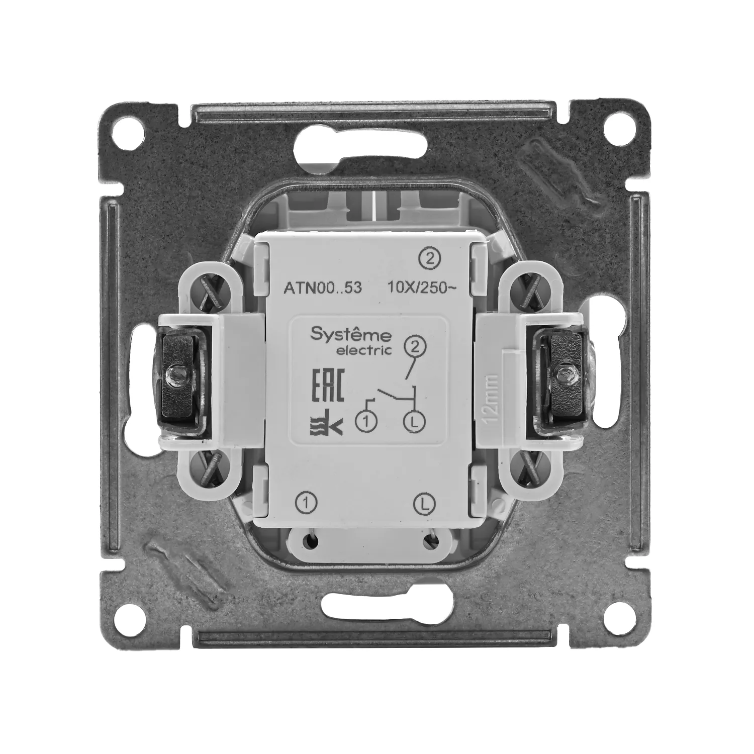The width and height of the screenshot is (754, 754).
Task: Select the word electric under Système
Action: click(x=364, y=351)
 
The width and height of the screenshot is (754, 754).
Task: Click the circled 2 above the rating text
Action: click(x=428, y=259)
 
